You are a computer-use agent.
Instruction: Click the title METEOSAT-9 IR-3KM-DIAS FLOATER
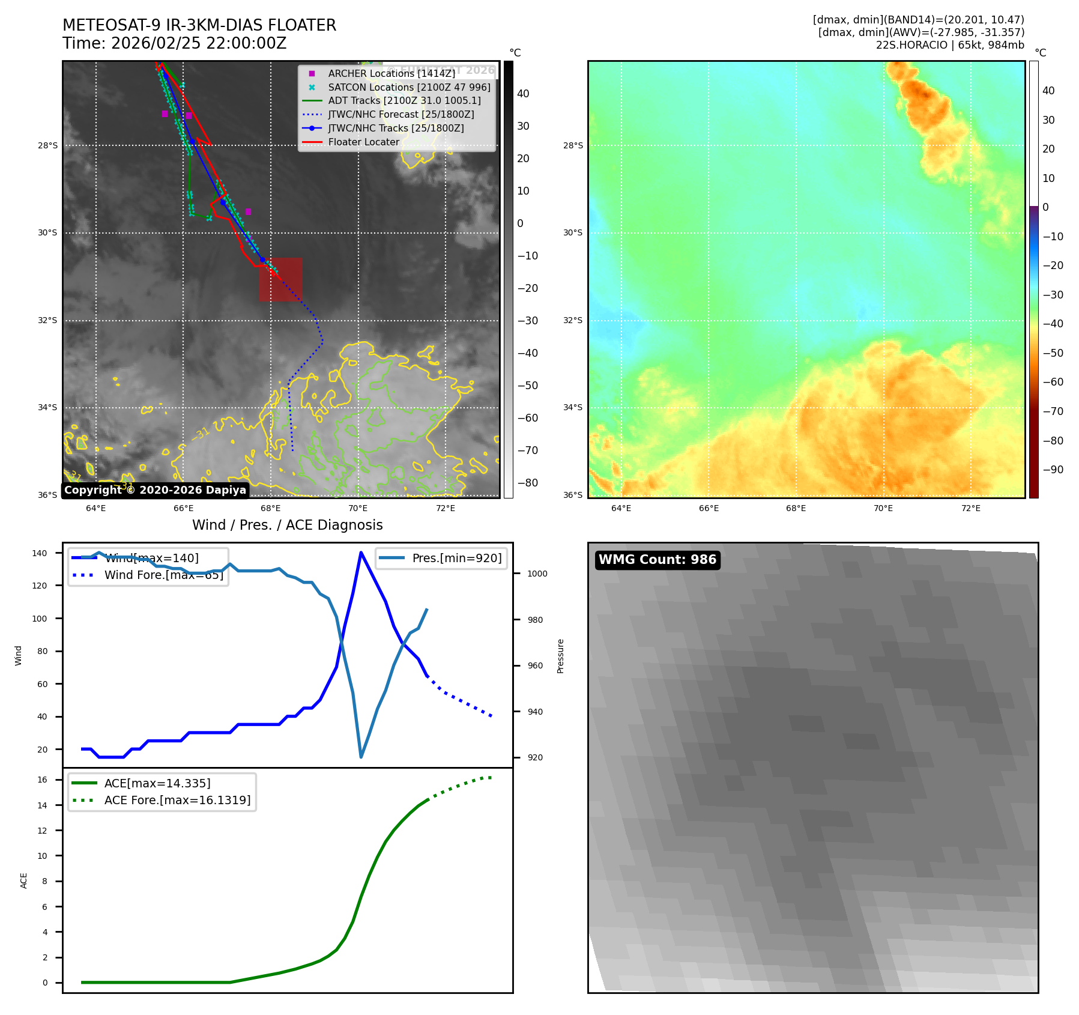[x=199, y=25]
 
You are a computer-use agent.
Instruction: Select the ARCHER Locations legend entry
[x=391, y=73]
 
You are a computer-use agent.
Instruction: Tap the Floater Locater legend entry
[x=363, y=142]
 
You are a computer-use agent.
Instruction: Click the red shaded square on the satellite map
[x=280, y=279]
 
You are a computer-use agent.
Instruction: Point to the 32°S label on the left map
[x=48, y=320]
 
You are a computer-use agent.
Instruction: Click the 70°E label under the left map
[x=358, y=508]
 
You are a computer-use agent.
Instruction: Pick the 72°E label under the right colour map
[x=970, y=508]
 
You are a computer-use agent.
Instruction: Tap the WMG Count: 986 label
[x=657, y=560]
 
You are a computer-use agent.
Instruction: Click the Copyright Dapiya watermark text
[x=155, y=490]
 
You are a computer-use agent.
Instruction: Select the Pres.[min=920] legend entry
[x=456, y=558]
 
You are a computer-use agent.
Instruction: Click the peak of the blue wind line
[x=361, y=553]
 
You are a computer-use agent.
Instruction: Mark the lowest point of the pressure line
[x=361, y=757]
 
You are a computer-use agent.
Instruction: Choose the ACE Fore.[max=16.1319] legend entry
[x=177, y=800]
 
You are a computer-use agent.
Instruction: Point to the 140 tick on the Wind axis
[x=40, y=553]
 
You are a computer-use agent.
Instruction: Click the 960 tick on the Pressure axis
[x=535, y=665]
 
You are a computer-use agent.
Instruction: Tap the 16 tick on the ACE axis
[x=43, y=780]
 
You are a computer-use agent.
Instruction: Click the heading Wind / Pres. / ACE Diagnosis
[x=287, y=525]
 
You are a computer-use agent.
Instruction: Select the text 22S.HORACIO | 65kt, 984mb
[x=950, y=45]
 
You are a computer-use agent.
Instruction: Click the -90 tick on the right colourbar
[x=1053, y=470]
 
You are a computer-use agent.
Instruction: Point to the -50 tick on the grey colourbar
[x=528, y=386]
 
